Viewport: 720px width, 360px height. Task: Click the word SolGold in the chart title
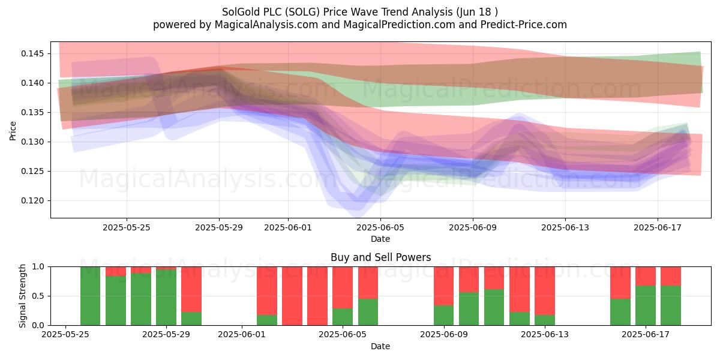[241, 12]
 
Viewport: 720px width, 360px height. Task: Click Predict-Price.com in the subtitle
[524, 25]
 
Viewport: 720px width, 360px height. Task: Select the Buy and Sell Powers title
[380, 257]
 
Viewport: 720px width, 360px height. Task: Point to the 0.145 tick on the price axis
[32, 53]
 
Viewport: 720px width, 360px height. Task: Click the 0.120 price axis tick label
[32, 200]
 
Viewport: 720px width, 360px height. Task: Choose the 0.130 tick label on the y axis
[32, 142]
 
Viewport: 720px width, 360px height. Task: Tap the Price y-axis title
[13, 131]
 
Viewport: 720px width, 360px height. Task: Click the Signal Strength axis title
[22, 296]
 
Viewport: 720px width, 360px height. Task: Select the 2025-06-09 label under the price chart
[473, 227]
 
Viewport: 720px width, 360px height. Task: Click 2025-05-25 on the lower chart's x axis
[65, 335]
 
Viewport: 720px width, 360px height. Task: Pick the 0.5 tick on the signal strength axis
[38, 296]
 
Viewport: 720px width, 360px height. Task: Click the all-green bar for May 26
[91, 296]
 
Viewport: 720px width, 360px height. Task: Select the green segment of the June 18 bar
[671, 305]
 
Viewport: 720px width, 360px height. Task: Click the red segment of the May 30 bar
[191, 289]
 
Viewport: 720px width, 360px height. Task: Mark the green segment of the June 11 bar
[494, 307]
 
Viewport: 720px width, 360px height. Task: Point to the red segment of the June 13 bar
[545, 291]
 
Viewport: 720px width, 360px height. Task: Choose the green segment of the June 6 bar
[368, 312]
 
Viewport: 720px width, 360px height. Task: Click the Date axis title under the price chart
[380, 239]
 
